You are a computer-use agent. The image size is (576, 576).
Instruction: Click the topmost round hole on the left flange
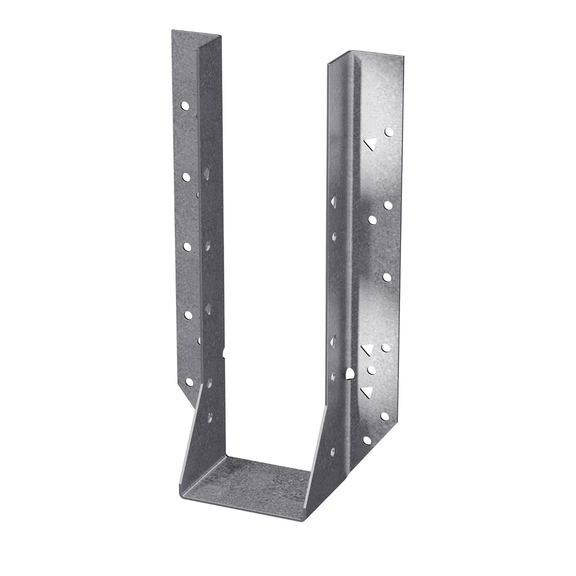185,106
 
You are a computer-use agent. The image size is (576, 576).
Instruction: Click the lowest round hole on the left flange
187,382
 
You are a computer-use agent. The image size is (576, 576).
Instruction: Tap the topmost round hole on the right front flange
389,132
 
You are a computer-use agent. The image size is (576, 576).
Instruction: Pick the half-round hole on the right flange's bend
350,373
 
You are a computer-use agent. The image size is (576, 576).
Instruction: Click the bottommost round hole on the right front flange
367,440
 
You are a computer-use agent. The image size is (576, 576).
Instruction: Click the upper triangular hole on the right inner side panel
333,201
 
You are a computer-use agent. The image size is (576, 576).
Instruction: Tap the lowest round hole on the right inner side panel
333,450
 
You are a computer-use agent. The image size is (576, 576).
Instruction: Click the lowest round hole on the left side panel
210,417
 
